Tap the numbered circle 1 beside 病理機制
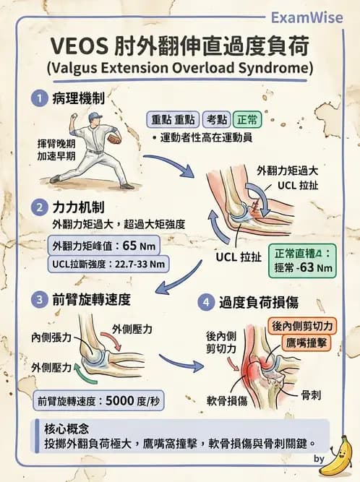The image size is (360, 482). point(38,98)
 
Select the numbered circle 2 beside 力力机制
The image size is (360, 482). point(38,207)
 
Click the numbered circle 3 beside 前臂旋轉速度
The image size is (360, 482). point(38,298)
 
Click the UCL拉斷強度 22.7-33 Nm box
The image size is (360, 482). point(110,264)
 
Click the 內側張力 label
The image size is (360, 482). point(46,337)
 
